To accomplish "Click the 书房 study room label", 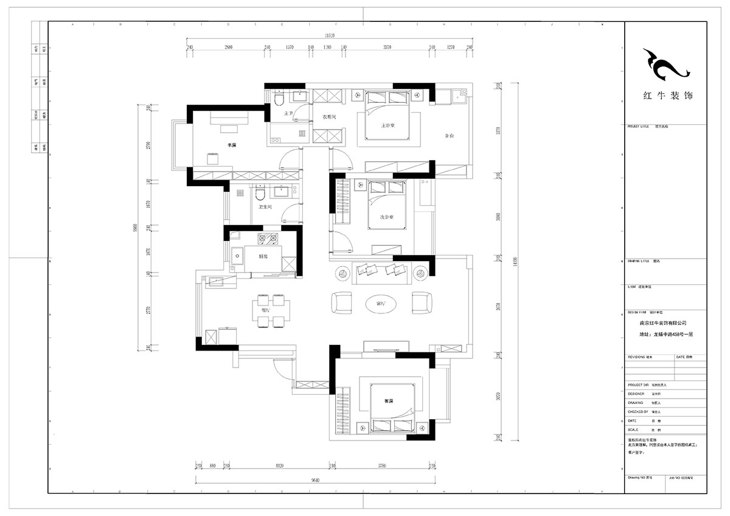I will coord(232,145).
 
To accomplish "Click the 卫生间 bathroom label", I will coord(265,207).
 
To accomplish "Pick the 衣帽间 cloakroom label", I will coord(329,116).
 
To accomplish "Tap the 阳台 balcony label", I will coord(449,136).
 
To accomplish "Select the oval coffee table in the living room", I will coord(381,302).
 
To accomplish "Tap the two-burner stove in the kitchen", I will coord(268,238).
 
